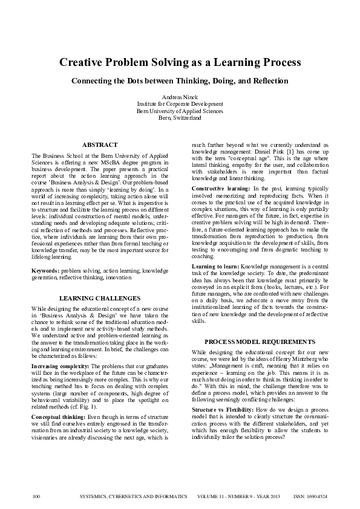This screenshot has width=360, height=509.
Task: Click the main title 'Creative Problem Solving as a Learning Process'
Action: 180,62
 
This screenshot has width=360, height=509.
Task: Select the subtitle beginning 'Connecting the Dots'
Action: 180,80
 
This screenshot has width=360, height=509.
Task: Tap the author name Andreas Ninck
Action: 180,97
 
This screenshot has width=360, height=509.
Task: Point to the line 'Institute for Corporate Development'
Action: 180,104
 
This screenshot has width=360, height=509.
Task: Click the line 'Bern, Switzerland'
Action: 180,118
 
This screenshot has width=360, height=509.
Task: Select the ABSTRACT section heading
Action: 99,144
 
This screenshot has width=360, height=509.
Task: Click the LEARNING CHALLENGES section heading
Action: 99,298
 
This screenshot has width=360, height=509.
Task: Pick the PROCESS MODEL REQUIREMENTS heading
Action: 259,342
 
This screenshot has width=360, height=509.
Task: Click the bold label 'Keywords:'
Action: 45,271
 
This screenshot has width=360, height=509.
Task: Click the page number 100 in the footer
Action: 36,496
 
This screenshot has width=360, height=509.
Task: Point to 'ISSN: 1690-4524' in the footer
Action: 310,496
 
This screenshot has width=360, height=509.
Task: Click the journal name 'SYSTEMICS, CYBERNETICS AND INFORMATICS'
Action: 134,496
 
